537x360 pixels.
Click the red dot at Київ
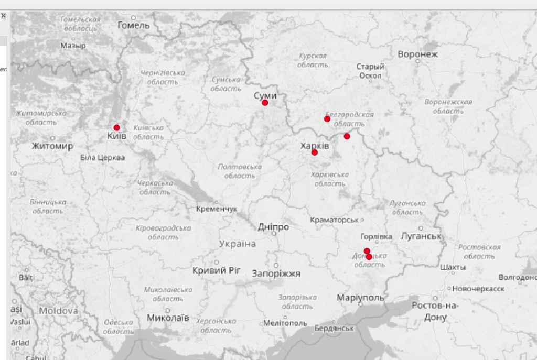(x=116, y=127)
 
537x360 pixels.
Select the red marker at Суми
(x=265, y=103)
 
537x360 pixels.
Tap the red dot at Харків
(x=314, y=152)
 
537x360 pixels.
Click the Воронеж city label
(x=417, y=54)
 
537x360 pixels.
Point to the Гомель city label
(x=133, y=25)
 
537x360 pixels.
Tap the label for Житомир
(x=52, y=146)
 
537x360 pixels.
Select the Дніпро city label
(x=273, y=227)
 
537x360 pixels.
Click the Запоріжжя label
(x=276, y=274)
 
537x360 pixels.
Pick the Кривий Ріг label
(x=216, y=270)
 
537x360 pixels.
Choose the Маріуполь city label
(x=360, y=298)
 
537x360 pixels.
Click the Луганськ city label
(x=421, y=236)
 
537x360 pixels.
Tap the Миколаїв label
(x=168, y=318)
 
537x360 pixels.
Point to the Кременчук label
(x=216, y=209)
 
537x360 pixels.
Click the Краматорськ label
(x=334, y=220)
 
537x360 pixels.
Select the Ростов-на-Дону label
(x=435, y=311)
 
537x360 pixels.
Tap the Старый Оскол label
(x=370, y=71)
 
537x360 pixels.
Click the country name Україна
(x=238, y=244)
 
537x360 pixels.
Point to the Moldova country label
(x=58, y=311)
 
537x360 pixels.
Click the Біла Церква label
(x=103, y=157)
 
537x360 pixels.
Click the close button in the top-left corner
(x=3, y=16)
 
